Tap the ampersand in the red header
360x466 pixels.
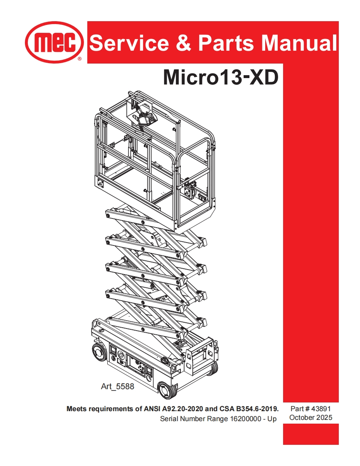[x=183, y=43]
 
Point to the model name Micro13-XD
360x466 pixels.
[x=220, y=77]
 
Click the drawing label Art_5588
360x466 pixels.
[x=118, y=387]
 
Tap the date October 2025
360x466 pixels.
[x=311, y=417]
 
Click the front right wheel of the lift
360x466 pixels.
[x=213, y=368]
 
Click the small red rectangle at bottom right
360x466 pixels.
[x=311, y=434]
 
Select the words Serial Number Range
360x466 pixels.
[x=194, y=419]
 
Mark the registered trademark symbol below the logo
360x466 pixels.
[x=79, y=59]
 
